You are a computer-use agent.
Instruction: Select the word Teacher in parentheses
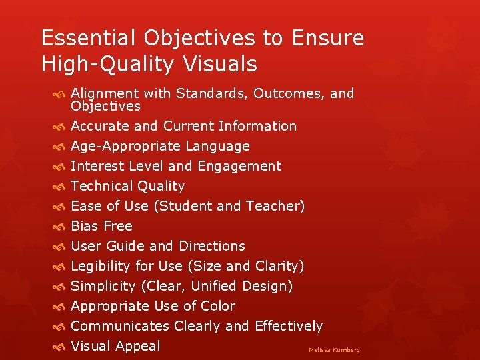(x=275, y=206)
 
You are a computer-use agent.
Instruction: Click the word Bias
(x=84, y=226)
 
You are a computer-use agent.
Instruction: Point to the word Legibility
(x=101, y=266)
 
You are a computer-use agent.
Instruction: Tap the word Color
(x=218, y=306)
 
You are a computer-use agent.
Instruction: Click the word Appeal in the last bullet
(x=138, y=346)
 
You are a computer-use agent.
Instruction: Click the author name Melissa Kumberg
(x=334, y=350)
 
